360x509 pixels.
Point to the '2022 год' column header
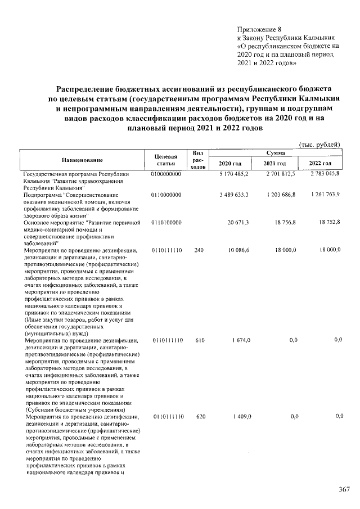pos(319,164)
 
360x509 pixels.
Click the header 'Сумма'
pos(274,153)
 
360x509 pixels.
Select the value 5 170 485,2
pos(234,175)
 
